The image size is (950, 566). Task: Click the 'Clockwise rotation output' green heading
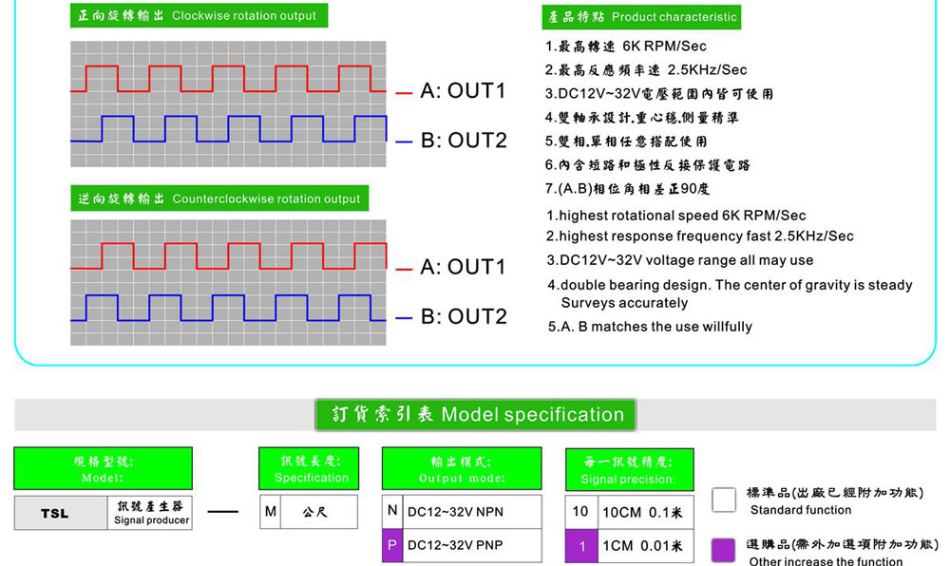click(x=199, y=16)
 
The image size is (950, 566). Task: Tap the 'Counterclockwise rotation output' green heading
click(x=219, y=198)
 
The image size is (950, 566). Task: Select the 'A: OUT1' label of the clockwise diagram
click(x=463, y=91)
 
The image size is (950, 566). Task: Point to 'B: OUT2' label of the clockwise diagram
click(x=464, y=141)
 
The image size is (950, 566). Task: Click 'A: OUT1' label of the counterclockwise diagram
click(x=463, y=267)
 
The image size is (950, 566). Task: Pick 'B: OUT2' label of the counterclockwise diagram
click(x=464, y=316)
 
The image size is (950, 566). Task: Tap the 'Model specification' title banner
click(x=476, y=415)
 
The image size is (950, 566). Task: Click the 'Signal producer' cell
click(x=151, y=513)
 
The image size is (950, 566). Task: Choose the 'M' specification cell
click(x=271, y=512)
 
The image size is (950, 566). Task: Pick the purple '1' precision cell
click(x=580, y=546)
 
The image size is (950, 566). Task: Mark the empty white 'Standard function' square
click(x=724, y=500)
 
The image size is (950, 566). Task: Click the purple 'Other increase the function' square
click(x=724, y=550)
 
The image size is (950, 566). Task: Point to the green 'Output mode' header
click(x=462, y=469)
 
